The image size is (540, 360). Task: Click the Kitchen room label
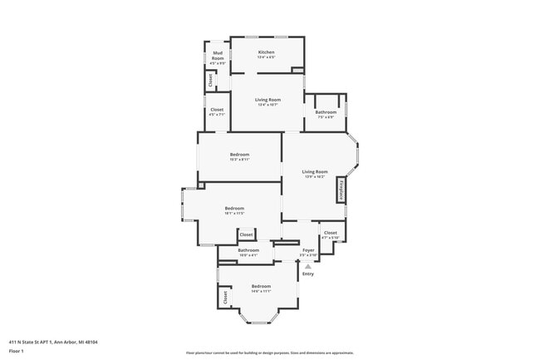(266, 52)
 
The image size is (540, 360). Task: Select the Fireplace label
(341, 190)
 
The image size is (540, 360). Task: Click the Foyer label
(308, 249)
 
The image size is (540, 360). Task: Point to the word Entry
(308, 274)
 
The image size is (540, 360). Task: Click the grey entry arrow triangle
(308, 265)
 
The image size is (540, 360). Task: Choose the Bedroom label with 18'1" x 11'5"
(234, 209)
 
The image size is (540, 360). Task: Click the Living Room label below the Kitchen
(267, 100)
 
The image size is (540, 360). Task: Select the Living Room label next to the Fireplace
(315, 172)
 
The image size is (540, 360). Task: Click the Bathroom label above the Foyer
(326, 112)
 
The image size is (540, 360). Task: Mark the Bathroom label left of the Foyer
(248, 250)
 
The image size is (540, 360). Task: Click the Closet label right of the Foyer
(331, 233)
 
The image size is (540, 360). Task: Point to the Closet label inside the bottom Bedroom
(224, 295)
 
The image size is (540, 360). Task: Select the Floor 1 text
(17, 352)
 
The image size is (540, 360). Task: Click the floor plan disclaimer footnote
(270, 353)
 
